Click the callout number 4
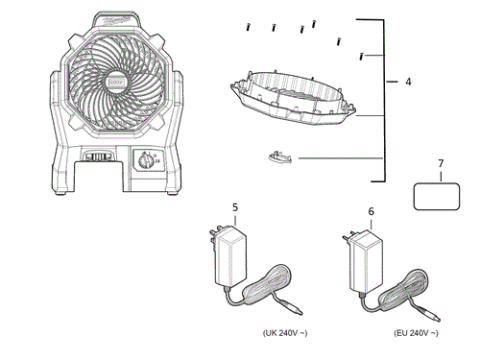(408, 83)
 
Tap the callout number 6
(372, 210)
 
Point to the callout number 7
(441, 165)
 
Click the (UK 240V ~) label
(287, 333)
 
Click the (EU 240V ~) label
(416, 333)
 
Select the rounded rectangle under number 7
(441, 196)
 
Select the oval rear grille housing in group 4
(288, 96)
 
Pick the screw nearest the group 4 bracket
(360, 57)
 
